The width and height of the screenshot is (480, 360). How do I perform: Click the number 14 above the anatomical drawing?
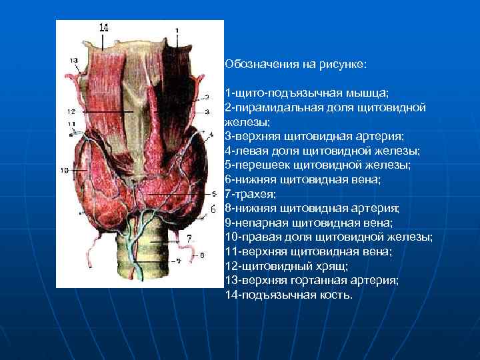[x=103, y=27]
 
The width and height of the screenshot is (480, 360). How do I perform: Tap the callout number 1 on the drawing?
[x=177, y=31]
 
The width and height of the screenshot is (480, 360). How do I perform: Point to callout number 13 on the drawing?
[x=73, y=61]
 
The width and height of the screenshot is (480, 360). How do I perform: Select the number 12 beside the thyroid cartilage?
[x=71, y=110]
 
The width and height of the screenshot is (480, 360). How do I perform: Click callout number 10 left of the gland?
[x=64, y=171]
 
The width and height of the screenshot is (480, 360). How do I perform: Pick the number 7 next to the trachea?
[x=189, y=237]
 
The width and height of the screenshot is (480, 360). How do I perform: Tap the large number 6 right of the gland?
[x=213, y=209]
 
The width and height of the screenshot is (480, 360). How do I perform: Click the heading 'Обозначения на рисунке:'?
[x=296, y=65]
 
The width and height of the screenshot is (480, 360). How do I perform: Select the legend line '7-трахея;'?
[x=251, y=194]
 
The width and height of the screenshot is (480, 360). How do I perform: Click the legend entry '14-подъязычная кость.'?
[x=289, y=295]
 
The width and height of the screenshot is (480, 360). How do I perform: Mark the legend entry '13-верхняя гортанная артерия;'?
[x=312, y=280]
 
